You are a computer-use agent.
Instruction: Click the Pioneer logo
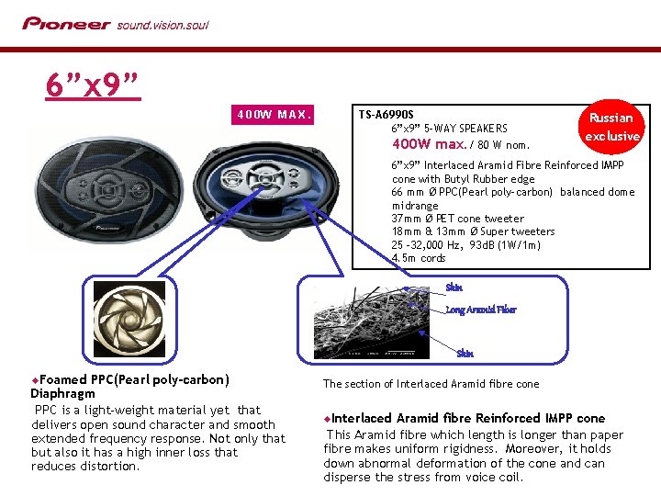[66, 23]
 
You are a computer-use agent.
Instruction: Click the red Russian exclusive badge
[611, 126]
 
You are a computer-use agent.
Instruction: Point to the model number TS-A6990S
[386, 115]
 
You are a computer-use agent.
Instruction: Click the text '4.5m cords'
[419, 258]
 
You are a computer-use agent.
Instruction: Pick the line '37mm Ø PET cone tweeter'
[458, 219]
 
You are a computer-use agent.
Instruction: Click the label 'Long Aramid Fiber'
[481, 310]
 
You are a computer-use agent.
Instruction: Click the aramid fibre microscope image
[369, 321]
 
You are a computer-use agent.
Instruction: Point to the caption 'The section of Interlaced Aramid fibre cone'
[431, 384]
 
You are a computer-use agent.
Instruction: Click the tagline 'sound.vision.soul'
[162, 24]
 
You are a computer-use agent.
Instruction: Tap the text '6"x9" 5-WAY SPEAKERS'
[449, 129]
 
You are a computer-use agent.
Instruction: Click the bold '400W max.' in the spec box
[429, 144]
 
